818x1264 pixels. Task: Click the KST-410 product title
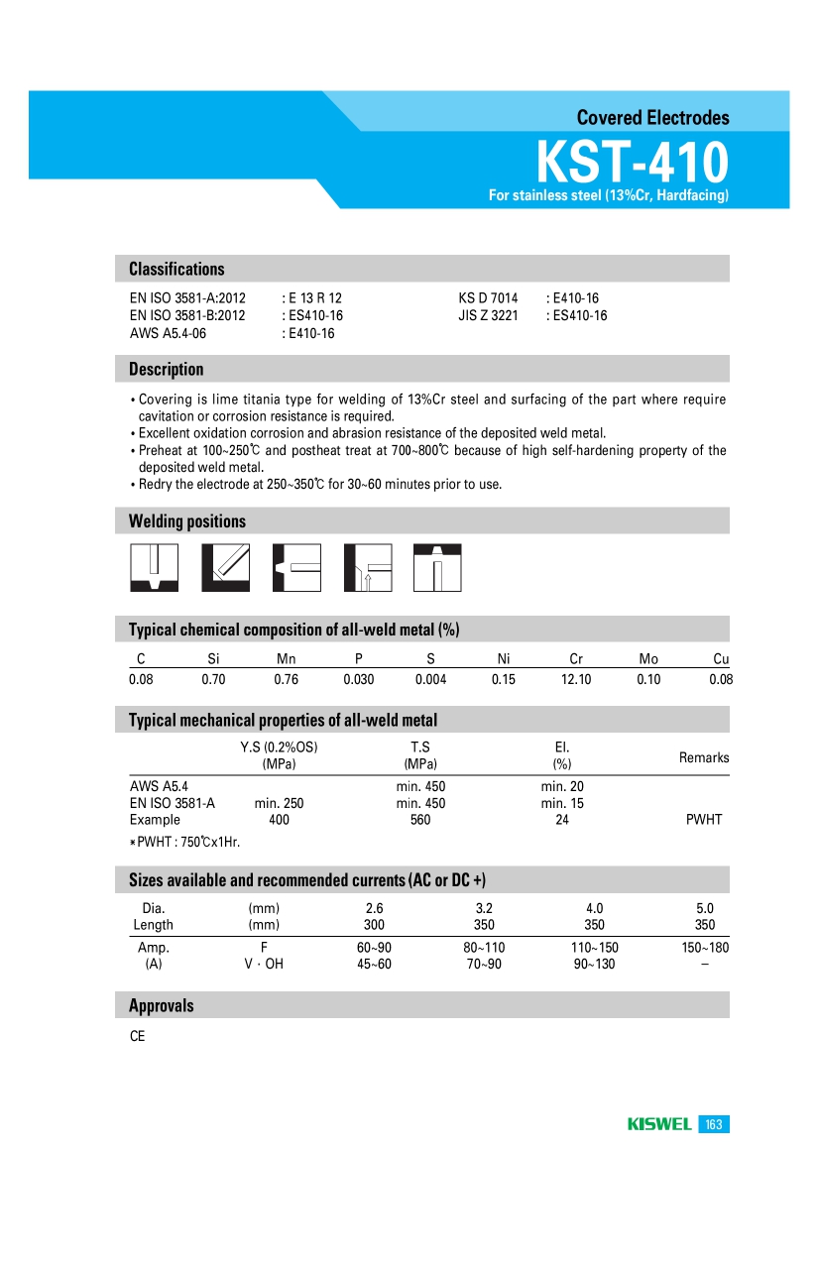(x=632, y=161)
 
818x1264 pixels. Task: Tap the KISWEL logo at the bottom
(x=659, y=1124)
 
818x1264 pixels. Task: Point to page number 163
(x=714, y=1124)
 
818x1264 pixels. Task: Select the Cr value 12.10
(x=576, y=680)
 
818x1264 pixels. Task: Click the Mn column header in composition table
(x=286, y=659)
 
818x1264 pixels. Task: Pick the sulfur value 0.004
(x=430, y=680)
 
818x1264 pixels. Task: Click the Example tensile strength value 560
(x=420, y=820)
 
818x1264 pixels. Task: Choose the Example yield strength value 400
(x=279, y=820)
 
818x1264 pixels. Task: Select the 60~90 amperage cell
(x=374, y=948)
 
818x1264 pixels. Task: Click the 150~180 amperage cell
(x=704, y=948)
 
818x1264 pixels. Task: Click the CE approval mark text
(x=137, y=1037)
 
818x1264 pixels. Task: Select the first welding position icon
(x=154, y=567)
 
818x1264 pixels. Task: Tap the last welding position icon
(x=436, y=567)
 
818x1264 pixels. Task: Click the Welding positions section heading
(x=187, y=521)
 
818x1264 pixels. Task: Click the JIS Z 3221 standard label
(x=488, y=316)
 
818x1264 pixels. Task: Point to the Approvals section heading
(x=162, y=1005)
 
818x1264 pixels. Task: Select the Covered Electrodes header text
(x=652, y=118)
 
